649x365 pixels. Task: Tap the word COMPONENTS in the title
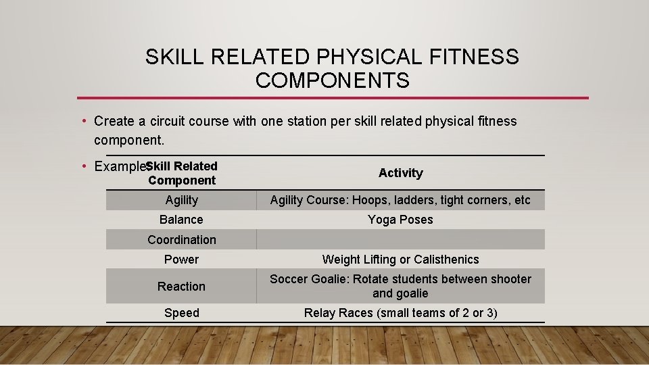[333, 81]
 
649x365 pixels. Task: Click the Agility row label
[181, 200]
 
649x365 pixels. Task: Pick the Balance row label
[181, 220]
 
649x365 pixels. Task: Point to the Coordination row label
[181, 240]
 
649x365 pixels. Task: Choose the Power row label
[181, 260]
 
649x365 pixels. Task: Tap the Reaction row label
[181, 287]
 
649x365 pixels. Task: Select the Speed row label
[181, 313]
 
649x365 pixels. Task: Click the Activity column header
[400, 173]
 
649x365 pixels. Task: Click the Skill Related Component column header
[181, 173]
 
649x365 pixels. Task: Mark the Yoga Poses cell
[400, 220]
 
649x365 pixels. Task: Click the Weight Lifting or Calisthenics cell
[400, 260]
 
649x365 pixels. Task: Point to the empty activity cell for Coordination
[400, 240]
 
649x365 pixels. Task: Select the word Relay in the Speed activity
[320, 313]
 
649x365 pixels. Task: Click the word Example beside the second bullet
[120, 167]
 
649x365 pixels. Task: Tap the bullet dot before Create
[82, 122]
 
